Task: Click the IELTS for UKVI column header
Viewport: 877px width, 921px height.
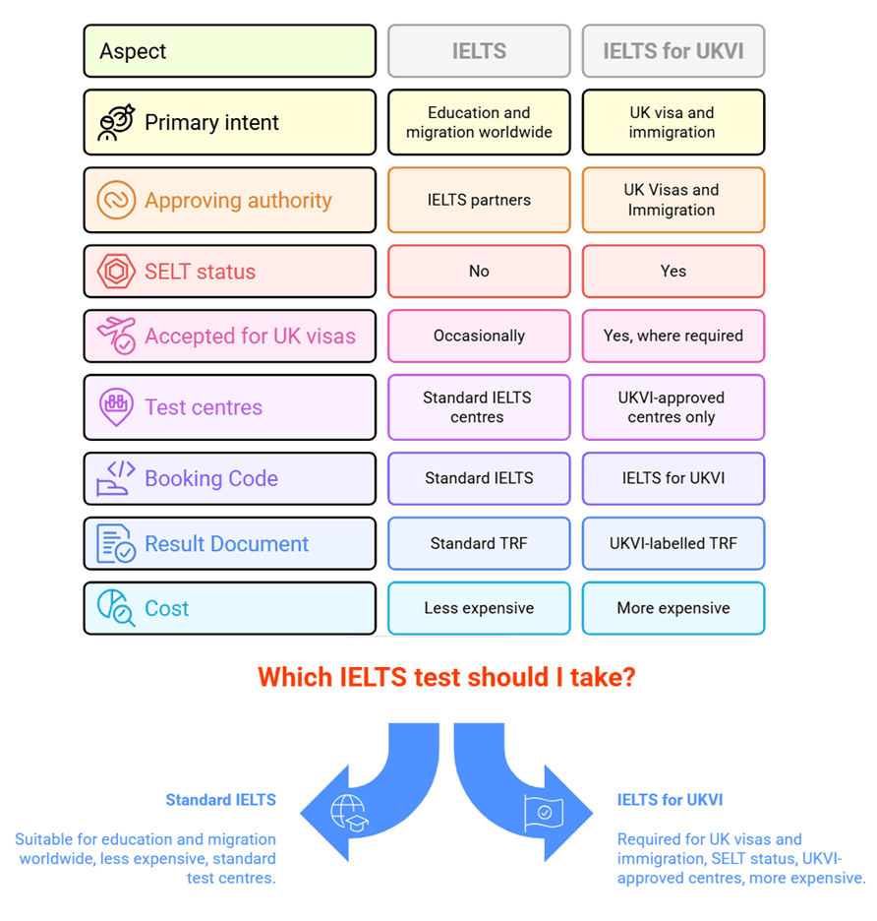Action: coord(673,51)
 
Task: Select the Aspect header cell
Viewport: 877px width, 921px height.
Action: coord(229,51)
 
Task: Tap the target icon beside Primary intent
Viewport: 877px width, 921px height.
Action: coord(116,123)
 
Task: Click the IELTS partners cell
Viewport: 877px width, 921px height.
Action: coord(479,200)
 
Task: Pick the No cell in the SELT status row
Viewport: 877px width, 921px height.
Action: coord(479,272)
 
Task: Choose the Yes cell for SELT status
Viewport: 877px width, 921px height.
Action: coord(673,272)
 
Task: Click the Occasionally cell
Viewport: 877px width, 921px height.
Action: coord(479,337)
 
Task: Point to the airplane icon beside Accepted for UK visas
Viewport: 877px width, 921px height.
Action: coord(116,336)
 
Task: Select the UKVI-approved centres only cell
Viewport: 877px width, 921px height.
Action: coord(673,407)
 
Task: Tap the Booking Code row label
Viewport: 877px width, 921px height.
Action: coord(211,479)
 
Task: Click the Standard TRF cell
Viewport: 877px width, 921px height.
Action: coord(479,543)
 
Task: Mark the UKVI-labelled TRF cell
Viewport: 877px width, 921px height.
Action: coord(673,543)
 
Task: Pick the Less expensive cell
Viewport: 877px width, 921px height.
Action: coord(479,608)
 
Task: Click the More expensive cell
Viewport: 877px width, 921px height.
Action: coord(673,608)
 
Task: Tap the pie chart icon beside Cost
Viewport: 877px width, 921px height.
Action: coord(116,608)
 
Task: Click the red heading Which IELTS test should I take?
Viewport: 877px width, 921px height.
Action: coord(446,677)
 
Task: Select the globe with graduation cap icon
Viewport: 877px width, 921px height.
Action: coord(348,812)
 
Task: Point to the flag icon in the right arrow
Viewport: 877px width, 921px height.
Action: coord(543,812)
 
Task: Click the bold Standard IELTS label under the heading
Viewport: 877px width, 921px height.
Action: coord(220,800)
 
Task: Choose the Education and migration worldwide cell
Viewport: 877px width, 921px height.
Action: coord(479,123)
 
